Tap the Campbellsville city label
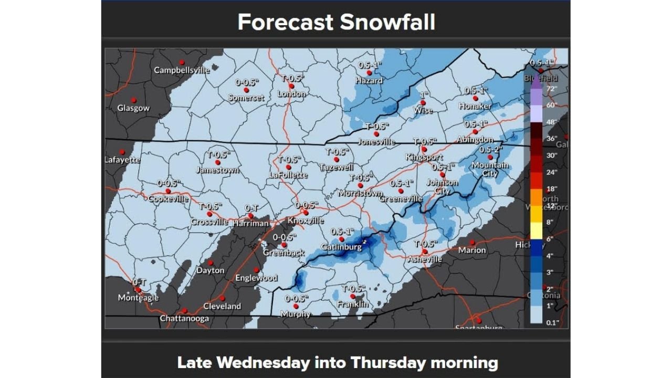pos(182,70)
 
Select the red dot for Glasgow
pos(134,100)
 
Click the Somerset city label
pos(245,98)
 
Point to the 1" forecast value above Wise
pos(424,94)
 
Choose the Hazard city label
pos(369,81)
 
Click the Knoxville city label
pos(306,221)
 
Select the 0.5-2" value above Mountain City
pos(491,149)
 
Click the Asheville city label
pos(425,259)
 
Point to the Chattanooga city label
pos(184,319)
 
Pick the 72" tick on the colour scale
pos(551,89)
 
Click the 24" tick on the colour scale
pos(551,172)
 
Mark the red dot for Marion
pos(472,243)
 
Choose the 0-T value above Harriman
pos(250,208)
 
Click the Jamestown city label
pos(217,170)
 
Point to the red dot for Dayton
pos(211,262)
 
